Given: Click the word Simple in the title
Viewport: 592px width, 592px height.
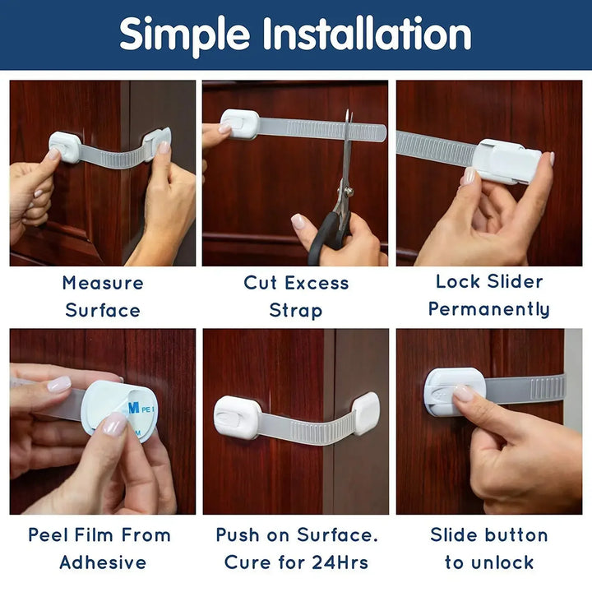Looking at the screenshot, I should click(x=185, y=34).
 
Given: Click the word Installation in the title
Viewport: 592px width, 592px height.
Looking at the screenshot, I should click(x=367, y=34).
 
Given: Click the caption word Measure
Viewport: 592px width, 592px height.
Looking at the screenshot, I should click(x=103, y=283).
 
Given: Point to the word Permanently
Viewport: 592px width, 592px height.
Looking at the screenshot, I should click(x=489, y=310).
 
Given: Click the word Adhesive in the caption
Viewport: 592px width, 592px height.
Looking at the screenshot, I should click(x=103, y=562).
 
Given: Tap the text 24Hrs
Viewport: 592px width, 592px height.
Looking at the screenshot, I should click(x=336, y=562).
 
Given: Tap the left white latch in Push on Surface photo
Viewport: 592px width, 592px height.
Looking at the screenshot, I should click(x=237, y=416).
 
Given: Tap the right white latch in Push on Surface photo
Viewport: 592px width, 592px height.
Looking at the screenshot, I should click(x=366, y=413).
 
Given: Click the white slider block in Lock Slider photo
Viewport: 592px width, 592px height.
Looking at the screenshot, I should click(x=506, y=160).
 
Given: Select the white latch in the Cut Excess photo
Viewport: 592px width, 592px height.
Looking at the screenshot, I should click(x=239, y=124).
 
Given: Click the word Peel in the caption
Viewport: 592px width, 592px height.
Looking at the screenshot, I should click(x=50, y=534).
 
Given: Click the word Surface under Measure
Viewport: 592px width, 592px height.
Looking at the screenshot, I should click(x=103, y=311).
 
